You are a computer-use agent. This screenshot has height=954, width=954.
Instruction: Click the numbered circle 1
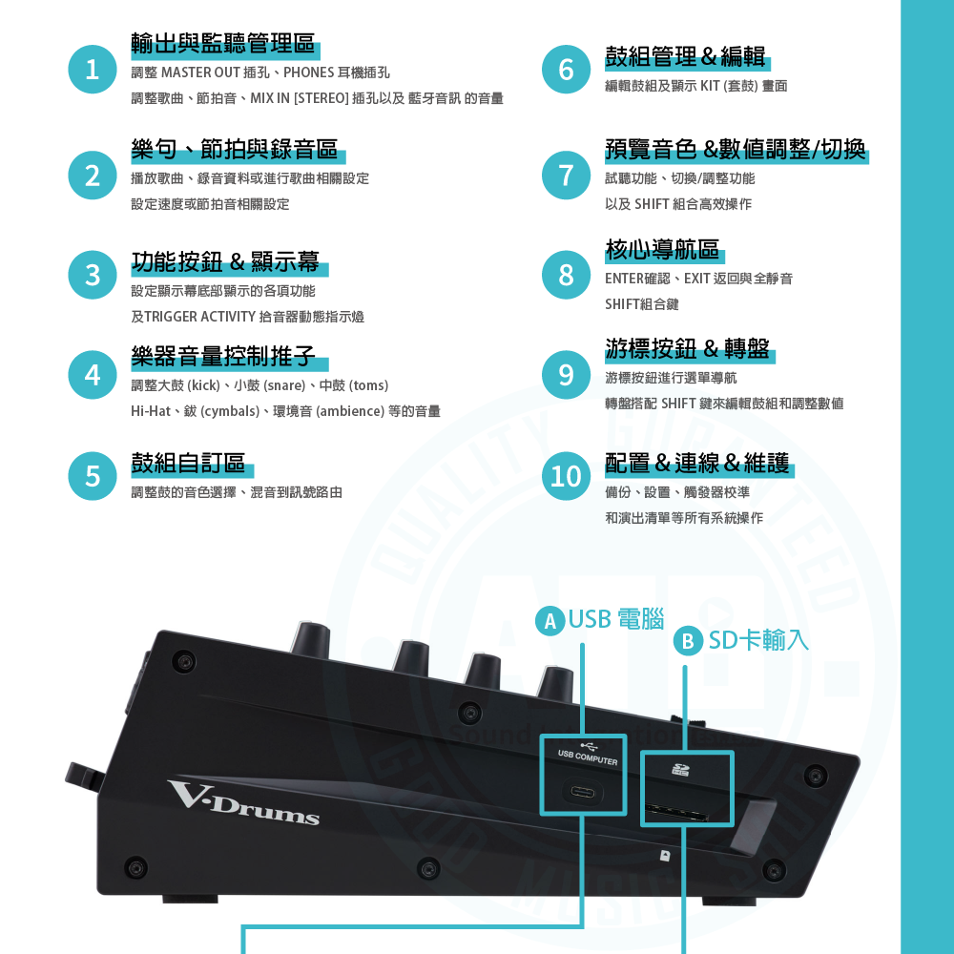(x=93, y=70)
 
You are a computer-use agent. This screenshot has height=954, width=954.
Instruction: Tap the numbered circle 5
(x=93, y=475)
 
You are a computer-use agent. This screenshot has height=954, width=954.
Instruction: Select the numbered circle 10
(x=566, y=475)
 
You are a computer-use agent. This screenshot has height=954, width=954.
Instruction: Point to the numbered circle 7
(x=566, y=175)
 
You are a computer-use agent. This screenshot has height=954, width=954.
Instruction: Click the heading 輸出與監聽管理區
(x=223, y=43)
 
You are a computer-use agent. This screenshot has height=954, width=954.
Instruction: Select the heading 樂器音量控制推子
(x=223, y=357)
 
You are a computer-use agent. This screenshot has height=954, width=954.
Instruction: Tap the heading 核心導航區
(x=662, y=250)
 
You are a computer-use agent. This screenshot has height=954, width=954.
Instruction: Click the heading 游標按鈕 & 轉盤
(x=687, y=347)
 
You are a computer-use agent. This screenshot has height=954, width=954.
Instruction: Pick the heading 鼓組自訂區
(x=188, y=464)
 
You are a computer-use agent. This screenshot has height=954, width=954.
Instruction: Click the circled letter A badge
(x=549, y=621)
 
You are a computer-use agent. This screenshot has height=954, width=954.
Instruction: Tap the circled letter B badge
(x=688, y=641)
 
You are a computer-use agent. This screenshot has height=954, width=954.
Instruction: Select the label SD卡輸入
(x=758, y=640)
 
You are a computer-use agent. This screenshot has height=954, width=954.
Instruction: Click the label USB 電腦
(x=615, y=619)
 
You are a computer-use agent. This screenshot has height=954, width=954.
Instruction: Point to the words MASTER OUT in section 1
(x=199, y=73)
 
